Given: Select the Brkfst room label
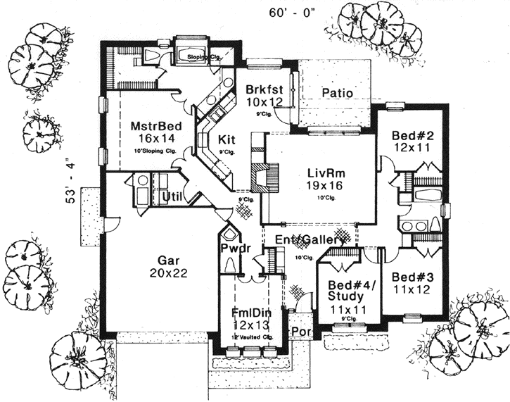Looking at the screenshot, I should tap(264, 90).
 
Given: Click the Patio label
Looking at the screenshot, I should tap(336, 93).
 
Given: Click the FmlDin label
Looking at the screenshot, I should tap(251, 312).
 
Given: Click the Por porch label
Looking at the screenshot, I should tap(300, 332).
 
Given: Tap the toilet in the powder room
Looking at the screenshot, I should tap(230, 266).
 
